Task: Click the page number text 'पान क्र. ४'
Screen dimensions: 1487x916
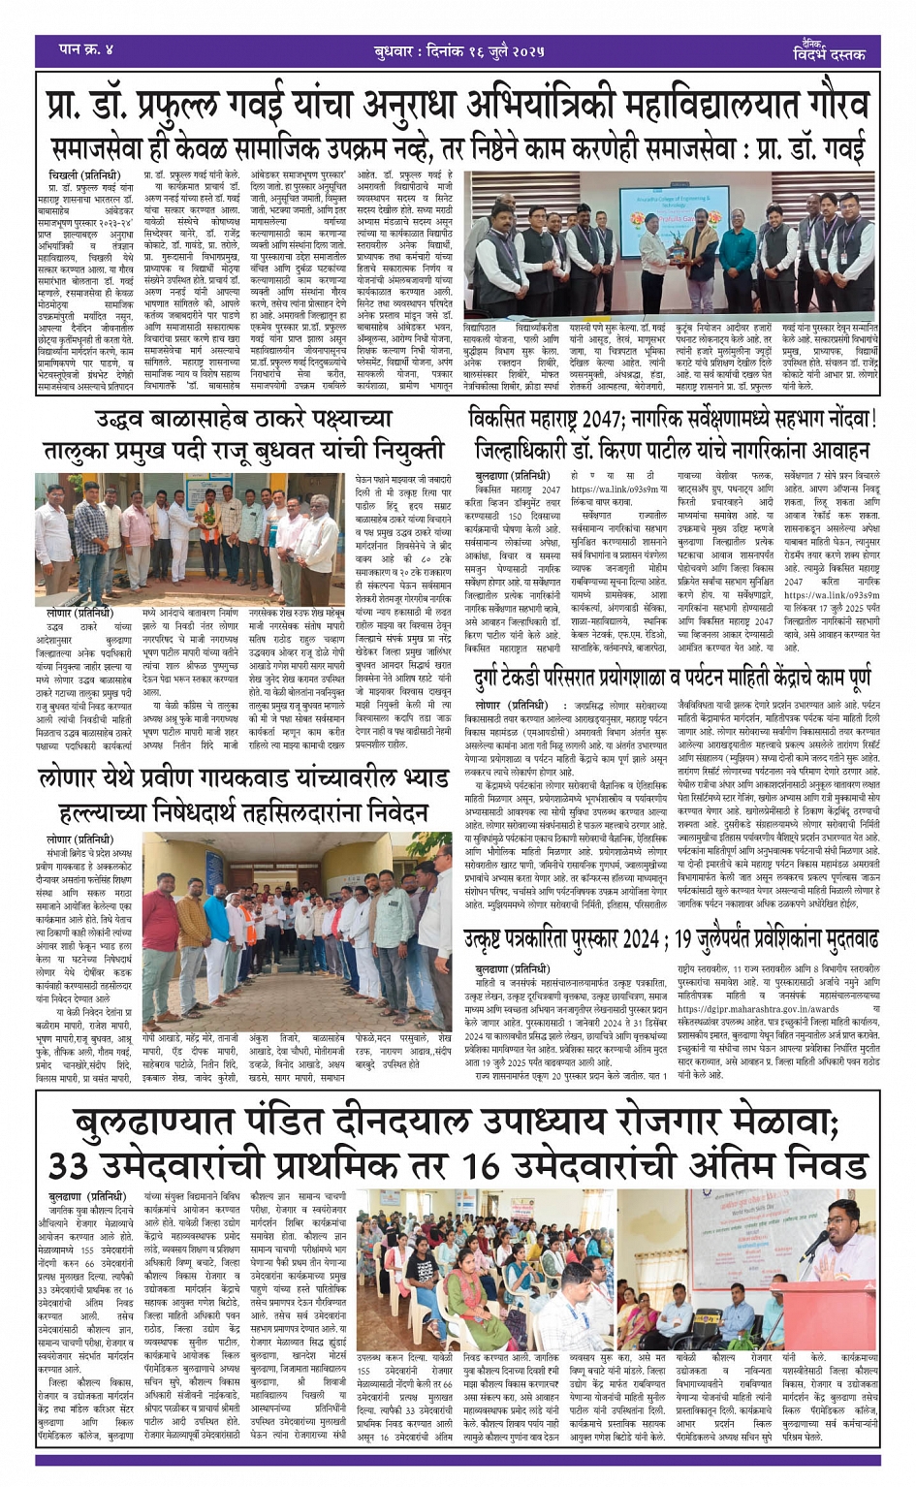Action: click(x=86, y=48)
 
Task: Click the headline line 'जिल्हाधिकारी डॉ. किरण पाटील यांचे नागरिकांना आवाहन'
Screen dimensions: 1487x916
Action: click(x=673, y=452)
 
